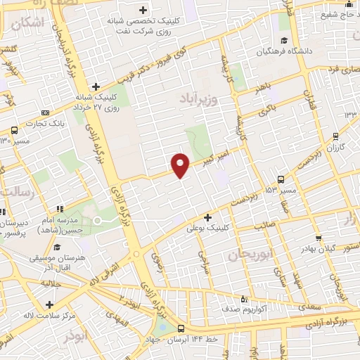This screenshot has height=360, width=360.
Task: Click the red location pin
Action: click(x=181, y=165)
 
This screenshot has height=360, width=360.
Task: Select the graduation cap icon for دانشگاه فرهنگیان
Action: click(x=283, y=39)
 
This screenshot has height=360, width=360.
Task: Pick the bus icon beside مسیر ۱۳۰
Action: click(x=14, y=130)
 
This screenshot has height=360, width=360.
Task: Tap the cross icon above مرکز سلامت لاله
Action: click(x=49, y=304)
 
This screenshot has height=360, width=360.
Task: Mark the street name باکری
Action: click(x=266, y=111)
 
